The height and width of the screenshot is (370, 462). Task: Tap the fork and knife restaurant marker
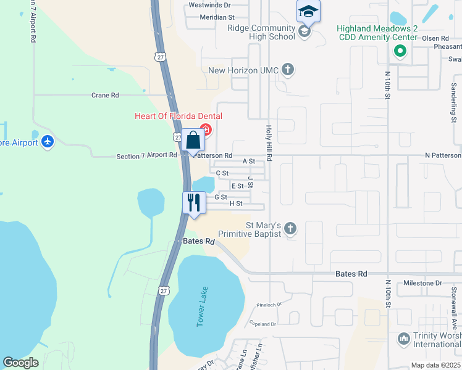[194, 203]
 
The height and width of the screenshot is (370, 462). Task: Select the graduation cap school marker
[308, 12]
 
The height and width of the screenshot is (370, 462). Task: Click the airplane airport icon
[48, 142]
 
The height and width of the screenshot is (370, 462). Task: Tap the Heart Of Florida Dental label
[178, 117]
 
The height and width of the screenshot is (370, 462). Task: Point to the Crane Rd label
[104, 96]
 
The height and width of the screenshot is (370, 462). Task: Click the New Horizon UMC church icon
[288, 70]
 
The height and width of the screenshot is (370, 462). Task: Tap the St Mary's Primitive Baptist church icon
[291, 229]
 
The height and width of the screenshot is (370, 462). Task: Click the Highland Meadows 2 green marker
[400, 51]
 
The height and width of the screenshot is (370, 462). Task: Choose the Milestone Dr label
[422, 283]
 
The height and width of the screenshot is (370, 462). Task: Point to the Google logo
[20, 363]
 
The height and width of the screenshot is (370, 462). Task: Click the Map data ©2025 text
[435, 365]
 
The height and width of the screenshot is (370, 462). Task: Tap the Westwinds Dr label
[209, 5]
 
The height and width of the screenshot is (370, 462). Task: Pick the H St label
[235, 203]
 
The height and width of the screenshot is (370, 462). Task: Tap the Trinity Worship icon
[404, 339]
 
